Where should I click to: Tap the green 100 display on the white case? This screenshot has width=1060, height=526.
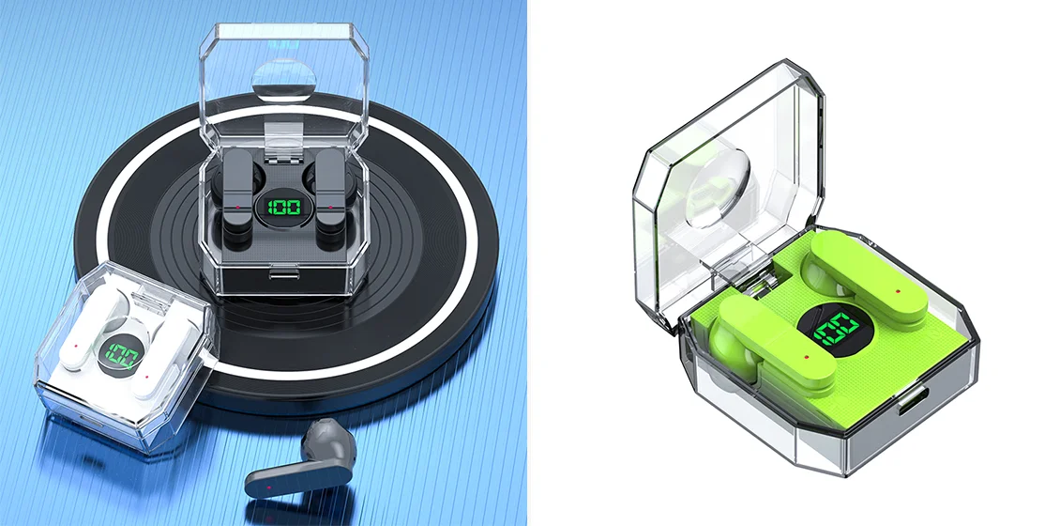click(123, 356)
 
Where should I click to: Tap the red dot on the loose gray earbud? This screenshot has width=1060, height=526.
click(269, 487)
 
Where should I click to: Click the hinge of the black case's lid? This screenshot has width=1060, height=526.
click(283, 137)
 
